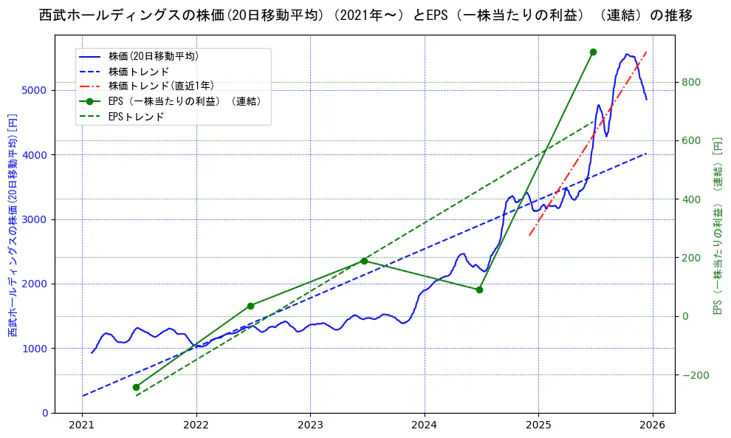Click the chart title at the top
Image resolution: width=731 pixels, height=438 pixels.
click(365, 16)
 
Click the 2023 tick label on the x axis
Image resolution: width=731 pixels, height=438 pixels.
click(310, 425)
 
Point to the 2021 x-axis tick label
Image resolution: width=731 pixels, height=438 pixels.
click(82, 425)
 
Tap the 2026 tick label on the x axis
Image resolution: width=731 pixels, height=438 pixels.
click(653, 425)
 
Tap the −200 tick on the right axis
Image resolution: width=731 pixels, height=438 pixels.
click(695, 375)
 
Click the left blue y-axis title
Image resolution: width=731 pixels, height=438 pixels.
click(13, 225)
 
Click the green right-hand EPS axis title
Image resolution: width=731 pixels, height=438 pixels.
click(716, 225)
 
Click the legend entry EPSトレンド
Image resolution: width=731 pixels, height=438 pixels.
click(136, 117)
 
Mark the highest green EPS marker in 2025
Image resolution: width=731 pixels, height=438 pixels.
click(593, 52)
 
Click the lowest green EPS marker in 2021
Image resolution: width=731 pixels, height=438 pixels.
click(136, 387)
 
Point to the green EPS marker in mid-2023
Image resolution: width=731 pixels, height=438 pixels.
click(364, 261)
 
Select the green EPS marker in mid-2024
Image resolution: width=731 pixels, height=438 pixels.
click(479, 290)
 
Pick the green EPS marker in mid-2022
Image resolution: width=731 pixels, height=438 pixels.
click(250, 306)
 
